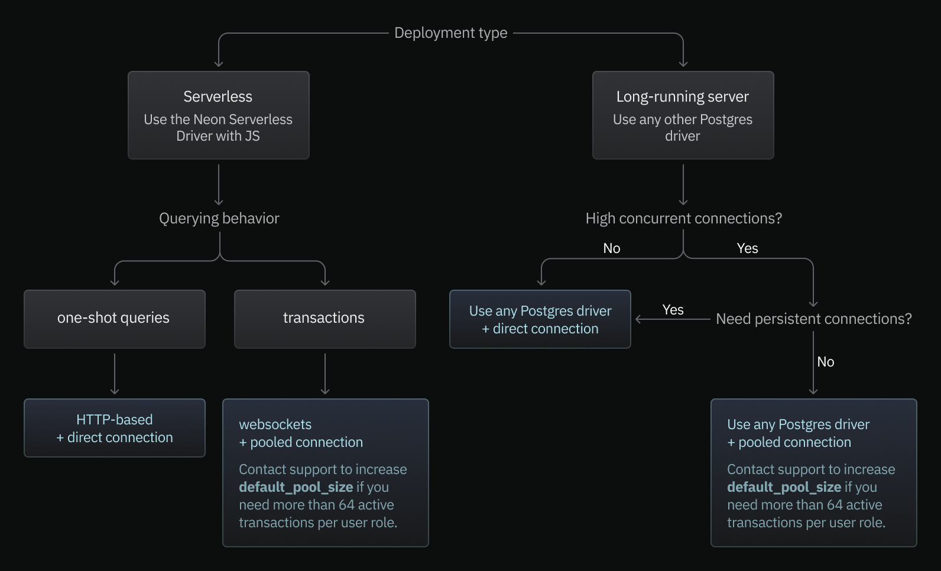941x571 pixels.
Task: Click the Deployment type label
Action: coord(450,33)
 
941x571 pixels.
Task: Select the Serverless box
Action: coord(218,115)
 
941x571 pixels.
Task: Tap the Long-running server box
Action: coord(683,115)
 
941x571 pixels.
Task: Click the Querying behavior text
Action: coord(219,219)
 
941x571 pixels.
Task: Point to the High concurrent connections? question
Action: coord(683,219)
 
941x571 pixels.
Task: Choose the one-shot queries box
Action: coord(114,319)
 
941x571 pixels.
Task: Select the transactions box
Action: coord(325,319)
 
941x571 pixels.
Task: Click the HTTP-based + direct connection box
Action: coord(114,428)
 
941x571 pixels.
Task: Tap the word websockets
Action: coord(275,424)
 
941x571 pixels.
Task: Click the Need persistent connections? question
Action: coord(813,319)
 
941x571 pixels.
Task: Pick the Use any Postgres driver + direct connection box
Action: coord(540,319)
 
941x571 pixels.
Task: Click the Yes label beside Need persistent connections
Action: coord(673,310)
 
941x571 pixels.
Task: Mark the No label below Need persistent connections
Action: coord(825,362)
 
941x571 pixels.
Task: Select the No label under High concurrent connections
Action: coord(611,248)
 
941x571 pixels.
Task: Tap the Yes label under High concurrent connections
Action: coord(747,248)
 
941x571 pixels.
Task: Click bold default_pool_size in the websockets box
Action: coord(296,487)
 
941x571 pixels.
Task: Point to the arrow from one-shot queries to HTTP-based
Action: coord(115,374)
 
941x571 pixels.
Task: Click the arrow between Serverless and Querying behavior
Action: coord(219,184)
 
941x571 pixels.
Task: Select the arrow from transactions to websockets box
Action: coord(325,374)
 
